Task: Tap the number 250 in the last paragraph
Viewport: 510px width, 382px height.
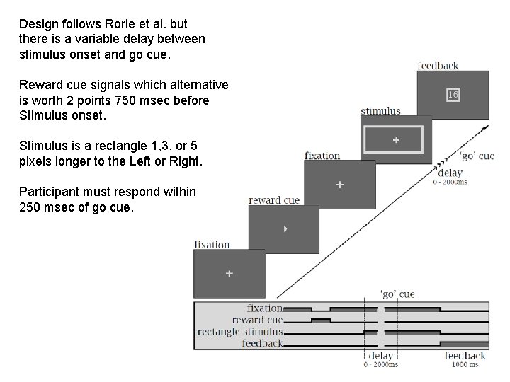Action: pyautogui.click(x=31, y=209)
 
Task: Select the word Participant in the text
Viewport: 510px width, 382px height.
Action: pyautogui.click(x=50, y=191)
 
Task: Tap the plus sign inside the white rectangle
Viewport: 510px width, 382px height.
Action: pyautogui.click(x=395, y=140)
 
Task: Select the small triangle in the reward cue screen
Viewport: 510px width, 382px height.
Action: pyautogui.click(x=285, y=229)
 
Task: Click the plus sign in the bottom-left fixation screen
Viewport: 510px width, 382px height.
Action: pyautogui.click(x=229, y=273)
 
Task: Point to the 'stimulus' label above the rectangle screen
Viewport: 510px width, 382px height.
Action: pyautogui.click(x=380, y=110)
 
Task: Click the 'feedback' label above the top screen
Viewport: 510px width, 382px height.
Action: pyautogui.click(x=438, y=66)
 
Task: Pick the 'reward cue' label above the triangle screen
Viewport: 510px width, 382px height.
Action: pyautogui.click(x=274, y=200)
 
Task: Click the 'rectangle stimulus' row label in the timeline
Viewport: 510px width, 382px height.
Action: pyautogui.click(x=240, y=331)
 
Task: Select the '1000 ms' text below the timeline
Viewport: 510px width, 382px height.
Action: pyautogui.click(x=465, y=364)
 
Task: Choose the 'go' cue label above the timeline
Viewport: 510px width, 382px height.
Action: pyautogui.click(x=397, y=294)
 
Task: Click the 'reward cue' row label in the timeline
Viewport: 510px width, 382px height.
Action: pyautogui.click(x=257, y=320)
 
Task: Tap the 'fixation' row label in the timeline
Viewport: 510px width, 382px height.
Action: pyautogui.click(x=264, y=308)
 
